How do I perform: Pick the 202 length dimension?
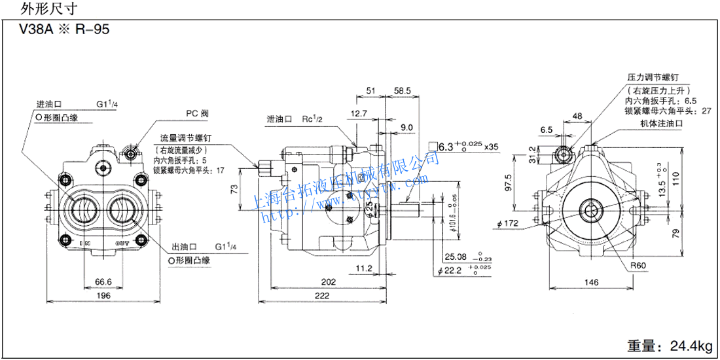click(x=329, y=281)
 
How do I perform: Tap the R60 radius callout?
click(x=639, y=266)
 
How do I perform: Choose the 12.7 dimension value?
click(x=359, y=113)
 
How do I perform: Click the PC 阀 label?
click(x=196, y=112)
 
